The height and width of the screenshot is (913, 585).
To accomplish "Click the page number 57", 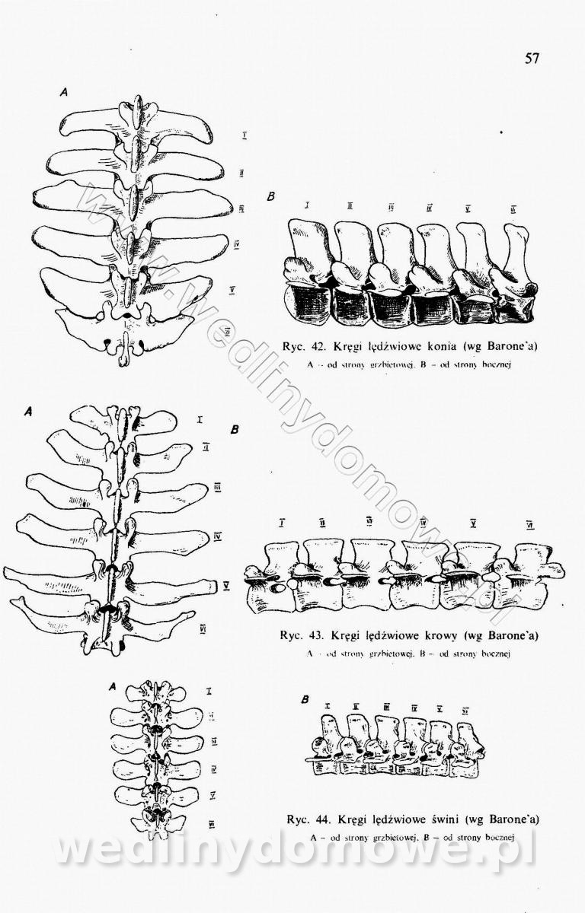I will click(532, 59).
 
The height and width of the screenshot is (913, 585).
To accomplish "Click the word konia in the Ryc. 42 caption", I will click(436, 347).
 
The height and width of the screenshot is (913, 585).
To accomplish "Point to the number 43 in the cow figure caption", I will click(313, 635).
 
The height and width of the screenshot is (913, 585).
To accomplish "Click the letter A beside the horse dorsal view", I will click(65, 92).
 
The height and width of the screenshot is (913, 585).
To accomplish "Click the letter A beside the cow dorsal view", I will click(28, 411).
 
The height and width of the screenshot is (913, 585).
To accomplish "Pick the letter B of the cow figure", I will click(235, 430).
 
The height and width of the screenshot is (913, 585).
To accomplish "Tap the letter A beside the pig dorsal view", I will click(112, 686).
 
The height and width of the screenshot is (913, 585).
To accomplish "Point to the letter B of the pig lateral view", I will click(305, 699).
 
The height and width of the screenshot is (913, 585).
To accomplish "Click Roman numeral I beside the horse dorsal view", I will click(244, 136).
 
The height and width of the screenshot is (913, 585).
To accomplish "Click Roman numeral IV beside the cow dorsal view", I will click(217, 536).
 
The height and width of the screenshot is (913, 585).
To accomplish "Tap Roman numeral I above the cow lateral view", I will click(283, 523).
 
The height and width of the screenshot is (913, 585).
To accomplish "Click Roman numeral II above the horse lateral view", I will click(349, 206).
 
